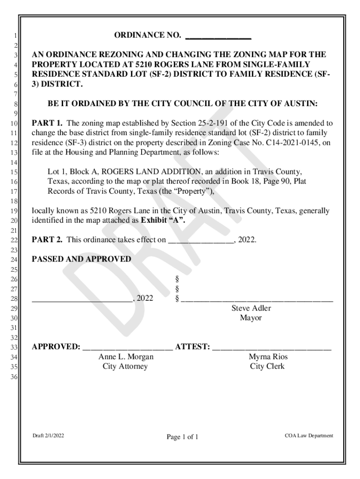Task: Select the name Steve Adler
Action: coord(251,308)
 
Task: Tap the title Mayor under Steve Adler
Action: coord(251,318)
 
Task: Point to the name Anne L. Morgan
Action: coord(126,357)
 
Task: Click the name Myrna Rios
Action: coord(268,357)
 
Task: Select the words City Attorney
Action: coord(125,366)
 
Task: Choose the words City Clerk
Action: coord(267,366)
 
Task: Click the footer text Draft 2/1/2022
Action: coord(48,436)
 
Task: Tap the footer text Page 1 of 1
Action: coord(183,437)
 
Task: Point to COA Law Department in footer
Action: coord(309,436)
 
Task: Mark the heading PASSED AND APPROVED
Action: coord(81,259)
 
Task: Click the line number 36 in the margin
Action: coord(14,377)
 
